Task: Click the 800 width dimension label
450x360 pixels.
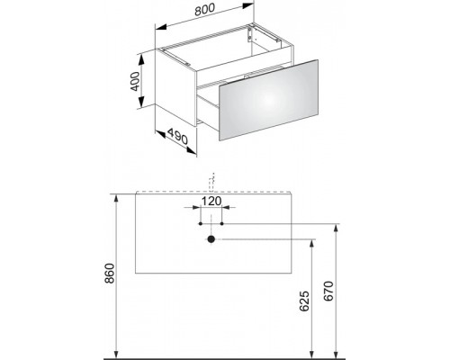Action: pyautogui.click(x=205, y=10)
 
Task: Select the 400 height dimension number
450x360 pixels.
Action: pyautogui.click(x=135, y=81)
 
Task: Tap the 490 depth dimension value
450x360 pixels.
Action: pyautogui.click(x=177, y=136)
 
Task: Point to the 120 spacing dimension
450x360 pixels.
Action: pyautogui.click(x=211, y=201)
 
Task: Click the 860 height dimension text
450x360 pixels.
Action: pyautogui.click(x=111, y=273)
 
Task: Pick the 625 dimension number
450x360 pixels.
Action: pyautogui.click(x=303, y=301)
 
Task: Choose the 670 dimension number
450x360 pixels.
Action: pyautogui.click(x=328, y=292)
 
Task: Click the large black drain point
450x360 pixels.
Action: pyautogui.click(x=211, y=239)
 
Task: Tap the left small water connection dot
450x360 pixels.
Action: pyautogui.click(x=201, y=223)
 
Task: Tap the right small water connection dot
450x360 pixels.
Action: pyautogui.click(x=222, y=223)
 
